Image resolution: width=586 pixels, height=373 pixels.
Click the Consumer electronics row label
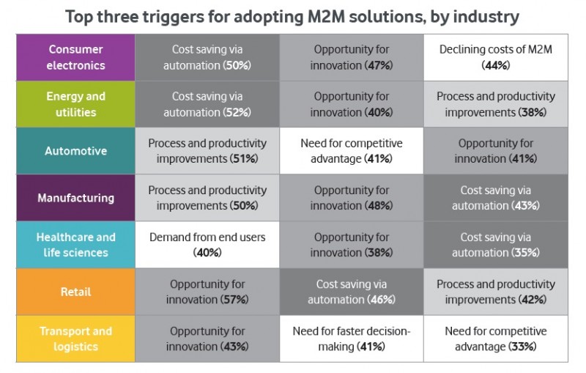click(75, 58)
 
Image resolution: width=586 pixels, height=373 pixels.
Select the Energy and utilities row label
click(75, 104)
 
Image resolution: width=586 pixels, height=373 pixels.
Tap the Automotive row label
click(75, 151)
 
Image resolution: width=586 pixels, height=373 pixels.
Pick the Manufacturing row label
click(75, 198)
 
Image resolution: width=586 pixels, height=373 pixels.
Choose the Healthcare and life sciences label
click(75, 245)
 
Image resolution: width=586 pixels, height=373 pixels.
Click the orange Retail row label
click(75, 292)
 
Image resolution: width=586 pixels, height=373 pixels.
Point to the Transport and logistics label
click(75, 339)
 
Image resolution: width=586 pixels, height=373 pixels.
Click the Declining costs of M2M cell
click(496, 58)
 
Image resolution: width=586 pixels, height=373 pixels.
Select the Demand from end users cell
click(207, 245)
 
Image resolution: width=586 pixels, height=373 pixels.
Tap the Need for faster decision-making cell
click(352, 339)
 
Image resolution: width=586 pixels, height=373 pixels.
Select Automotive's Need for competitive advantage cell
click(352, 151)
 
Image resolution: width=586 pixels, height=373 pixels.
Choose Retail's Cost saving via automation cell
click(352, 292)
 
